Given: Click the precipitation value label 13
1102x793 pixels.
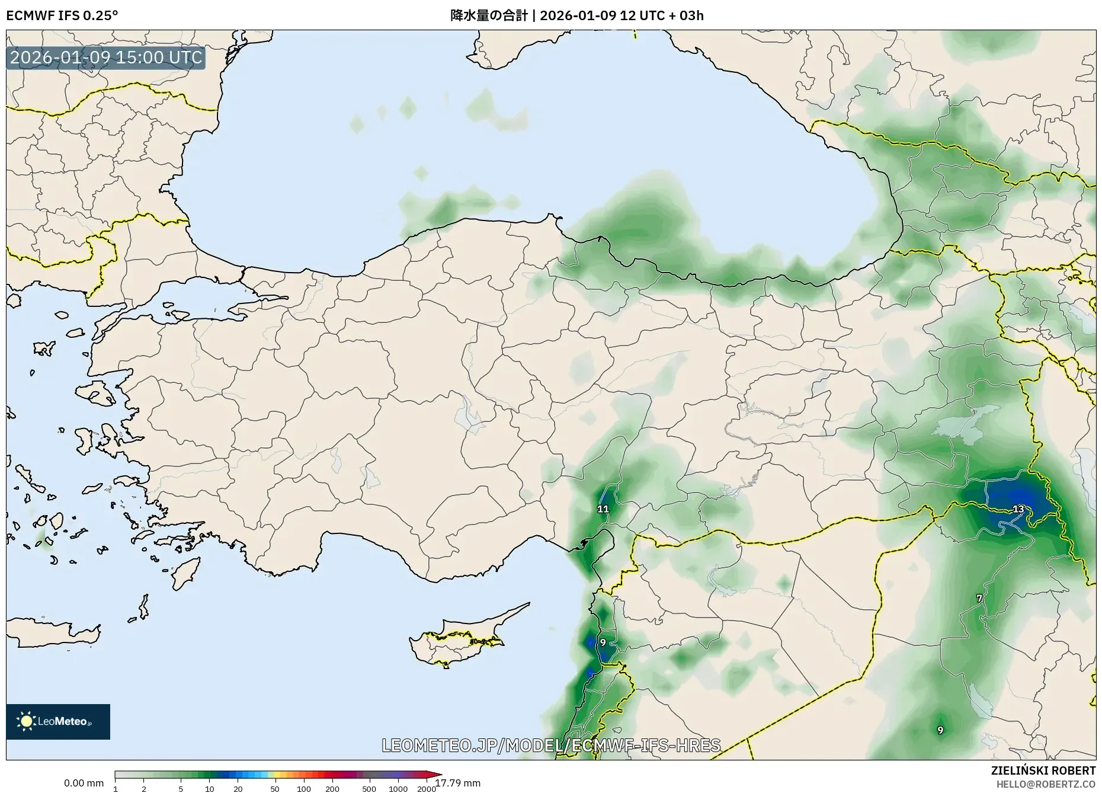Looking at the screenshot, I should point(1018,509).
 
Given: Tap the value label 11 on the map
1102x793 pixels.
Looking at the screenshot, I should point(603,509).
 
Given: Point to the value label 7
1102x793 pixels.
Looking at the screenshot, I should point(979,599).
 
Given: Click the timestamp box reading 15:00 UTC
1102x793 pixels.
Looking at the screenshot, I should point(106,57).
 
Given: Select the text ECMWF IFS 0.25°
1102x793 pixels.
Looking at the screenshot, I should point(62,15).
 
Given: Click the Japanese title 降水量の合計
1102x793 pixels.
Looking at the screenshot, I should point(488,15).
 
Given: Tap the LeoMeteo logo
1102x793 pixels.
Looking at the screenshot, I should point(58,721).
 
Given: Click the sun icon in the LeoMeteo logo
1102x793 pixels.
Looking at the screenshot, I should point(26,721).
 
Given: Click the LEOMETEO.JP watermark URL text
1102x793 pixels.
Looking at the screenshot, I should point(551,745).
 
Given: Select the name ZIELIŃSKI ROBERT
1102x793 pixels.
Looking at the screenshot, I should point(1043,770).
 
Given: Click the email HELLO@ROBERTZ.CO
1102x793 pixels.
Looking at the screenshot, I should point(1045,784).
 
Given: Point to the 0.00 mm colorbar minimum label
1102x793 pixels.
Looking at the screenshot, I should point(84,783).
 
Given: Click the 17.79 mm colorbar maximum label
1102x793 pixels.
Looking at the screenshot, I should point(458,783).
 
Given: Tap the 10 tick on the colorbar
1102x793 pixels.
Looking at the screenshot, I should point(209,789).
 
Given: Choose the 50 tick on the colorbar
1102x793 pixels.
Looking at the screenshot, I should point(274,789).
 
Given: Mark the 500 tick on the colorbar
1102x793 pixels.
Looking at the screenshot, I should point(369,789).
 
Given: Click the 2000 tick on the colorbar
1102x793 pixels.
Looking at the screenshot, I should point(427,789).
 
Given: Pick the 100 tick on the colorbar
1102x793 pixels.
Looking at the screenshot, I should point(303,789).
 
